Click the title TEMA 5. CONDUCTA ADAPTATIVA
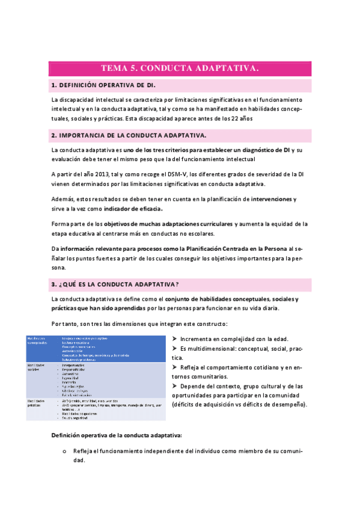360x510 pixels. click(x=180, y=69)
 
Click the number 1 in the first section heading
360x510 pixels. click(x=53, y=85)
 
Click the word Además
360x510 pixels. click(x=63, y=199)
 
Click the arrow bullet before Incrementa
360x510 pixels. click(x=174, y=339)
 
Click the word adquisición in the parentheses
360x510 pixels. click(x=207, y=404)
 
